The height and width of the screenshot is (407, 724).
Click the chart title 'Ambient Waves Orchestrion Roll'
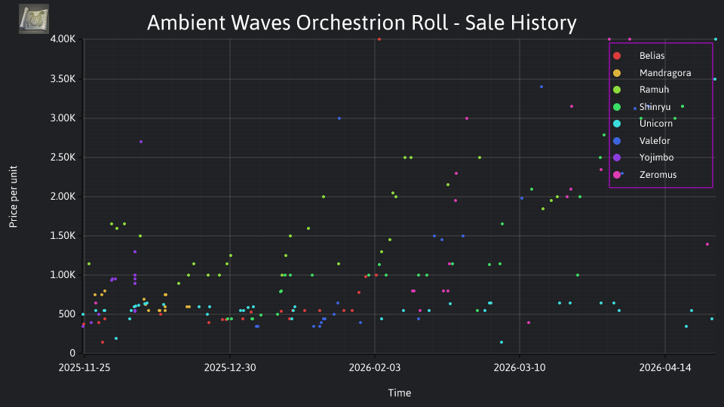(297, 23)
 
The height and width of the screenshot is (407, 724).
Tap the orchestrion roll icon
(34, 19)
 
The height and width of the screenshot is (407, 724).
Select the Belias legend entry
(639, 56)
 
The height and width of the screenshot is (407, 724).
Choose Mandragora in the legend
(652, 73)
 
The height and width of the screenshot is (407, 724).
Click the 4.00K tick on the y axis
(63, 39)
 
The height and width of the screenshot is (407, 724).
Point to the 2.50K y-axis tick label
(63, 158)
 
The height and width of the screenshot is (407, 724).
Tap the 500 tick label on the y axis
(66, 314)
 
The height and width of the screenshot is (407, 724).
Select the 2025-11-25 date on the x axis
(84, 368)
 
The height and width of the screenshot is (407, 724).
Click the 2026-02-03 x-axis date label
(375, 368)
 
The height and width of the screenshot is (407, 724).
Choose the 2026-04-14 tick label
(665, 368)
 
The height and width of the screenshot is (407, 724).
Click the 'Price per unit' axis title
(14, 197)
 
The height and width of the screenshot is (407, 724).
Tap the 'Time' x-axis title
(400, 393)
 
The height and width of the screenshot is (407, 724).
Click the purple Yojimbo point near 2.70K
(141, 142)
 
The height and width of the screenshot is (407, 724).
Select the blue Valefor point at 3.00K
(339, 118)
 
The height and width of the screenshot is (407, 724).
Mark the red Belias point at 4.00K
(379, 39)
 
